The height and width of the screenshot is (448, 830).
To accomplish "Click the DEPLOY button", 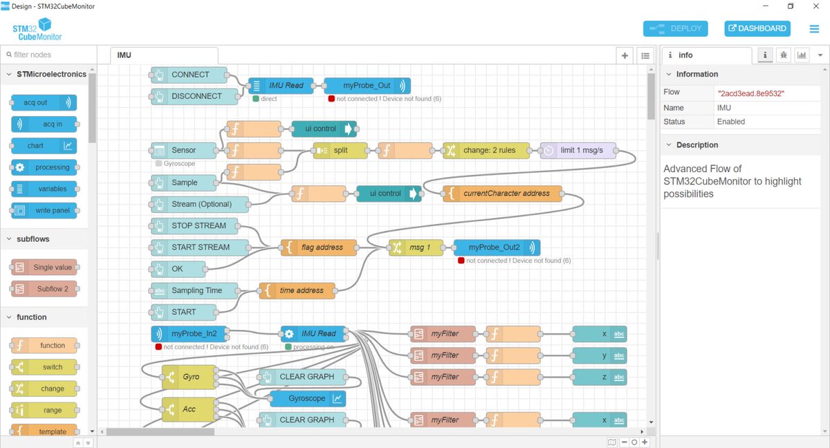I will pyautogui.click(x=675, y=28).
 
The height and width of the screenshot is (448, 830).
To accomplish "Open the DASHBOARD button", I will pyautogui.click(x=757, y=28).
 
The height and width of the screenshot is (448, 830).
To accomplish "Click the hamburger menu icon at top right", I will pyautogui.click(x=814, y=29).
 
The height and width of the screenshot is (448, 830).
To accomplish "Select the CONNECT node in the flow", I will pyautogui.click(x=190, y=75).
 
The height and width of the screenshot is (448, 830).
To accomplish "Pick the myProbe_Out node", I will pyautogui.click(x=367, y=86).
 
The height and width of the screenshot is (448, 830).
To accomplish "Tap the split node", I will pyautogui.click(x=340, y=150).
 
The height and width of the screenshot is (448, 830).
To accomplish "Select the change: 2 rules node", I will pyautogui.click(x=488, y=150).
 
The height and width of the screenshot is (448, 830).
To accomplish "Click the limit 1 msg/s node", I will pyautogui.click(x=578, y=150).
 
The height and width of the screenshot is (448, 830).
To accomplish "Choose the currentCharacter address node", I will pyautogui.click(x=503, y=194).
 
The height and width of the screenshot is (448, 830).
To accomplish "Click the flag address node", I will pyautogui.click(x=319, y=248).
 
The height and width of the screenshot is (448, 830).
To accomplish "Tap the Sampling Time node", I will pyautogui.click(x=196, y=290).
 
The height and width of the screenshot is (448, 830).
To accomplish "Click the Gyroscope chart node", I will pyautogui.click(x=307, y=398).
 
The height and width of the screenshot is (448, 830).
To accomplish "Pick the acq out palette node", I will pyautogui.click(x=44, y=102).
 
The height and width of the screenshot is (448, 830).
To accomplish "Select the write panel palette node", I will pyautogui.click(x=44, y=210).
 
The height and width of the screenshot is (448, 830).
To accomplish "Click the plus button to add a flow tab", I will pyautogui.click(x=625, y=55).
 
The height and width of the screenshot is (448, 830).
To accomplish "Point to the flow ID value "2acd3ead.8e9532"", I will pyautogui.click(x=751, y=93).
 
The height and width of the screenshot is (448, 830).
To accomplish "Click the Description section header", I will pyautogui.click(x=697, y=145).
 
